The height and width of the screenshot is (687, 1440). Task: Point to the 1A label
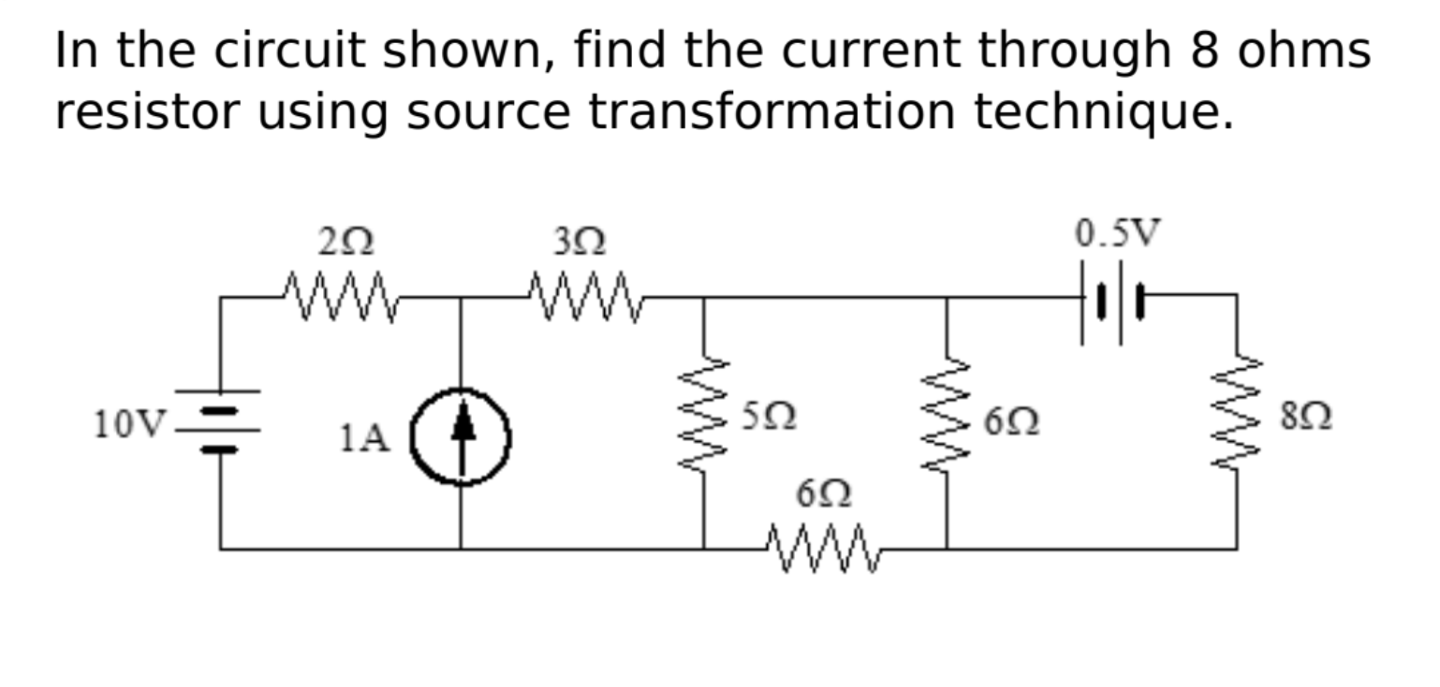[364, 437]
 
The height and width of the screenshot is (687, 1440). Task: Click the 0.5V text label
[1116, 234]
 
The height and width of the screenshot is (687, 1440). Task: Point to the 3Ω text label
[578, 242]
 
